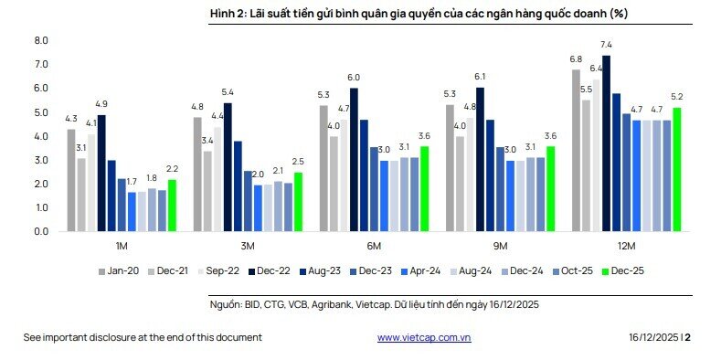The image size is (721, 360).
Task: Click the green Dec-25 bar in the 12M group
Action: pyautogui.click(x=677, y=170)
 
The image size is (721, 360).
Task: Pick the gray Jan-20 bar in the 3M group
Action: pyautogui.click(x=197, y=175)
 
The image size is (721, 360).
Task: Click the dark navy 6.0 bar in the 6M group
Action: pyautogui.click(x=354, y=160)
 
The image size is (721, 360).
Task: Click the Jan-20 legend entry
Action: pyautogui.click(x=118, y=271)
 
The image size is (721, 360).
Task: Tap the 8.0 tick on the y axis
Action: pyautogui.click(x=40, y=41)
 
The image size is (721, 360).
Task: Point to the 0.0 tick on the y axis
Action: pyautogui.click(x=40, y=232)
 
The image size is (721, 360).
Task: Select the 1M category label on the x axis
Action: pyautogui.click(x=122, y=247)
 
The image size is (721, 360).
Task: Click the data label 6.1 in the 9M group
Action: pyautogui.click(x=481, y=78)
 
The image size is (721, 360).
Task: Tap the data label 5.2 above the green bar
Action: pyautogui.click(x=677, y=98)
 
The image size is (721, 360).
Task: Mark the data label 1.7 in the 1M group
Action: pyautogui.click(x=132, y=182)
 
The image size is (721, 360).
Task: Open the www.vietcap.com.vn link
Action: pyautogui.click(x=424, y=337)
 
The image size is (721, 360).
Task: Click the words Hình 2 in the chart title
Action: pyautogui.click(x=222, y=14)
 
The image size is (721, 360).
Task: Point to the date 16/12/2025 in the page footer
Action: pyautogui.click(x=652, y=337)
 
